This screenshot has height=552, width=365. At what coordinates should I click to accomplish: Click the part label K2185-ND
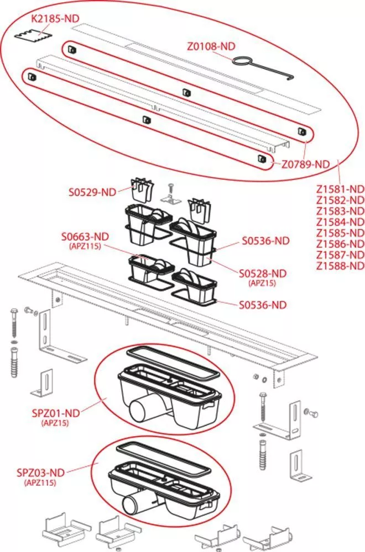[55, 18]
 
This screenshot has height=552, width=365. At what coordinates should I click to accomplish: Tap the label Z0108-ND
[211, 46]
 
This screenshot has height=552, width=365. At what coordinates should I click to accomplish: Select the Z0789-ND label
[305, 164]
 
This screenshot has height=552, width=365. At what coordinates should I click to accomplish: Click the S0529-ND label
[92, 192]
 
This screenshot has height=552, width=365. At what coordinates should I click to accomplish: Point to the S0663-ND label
[85, 237]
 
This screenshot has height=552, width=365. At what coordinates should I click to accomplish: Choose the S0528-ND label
[263, 273]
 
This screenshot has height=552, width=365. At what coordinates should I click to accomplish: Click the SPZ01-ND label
[56, 413]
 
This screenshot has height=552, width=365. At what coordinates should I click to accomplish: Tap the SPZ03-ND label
[40, 473]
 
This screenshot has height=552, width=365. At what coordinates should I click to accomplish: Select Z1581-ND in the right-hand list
[340, 189]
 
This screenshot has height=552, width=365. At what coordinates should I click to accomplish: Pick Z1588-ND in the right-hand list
[340, 266]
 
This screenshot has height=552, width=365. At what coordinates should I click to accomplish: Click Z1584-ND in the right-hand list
[340, 222]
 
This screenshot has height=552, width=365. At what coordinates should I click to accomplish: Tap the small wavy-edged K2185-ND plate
[34, 36]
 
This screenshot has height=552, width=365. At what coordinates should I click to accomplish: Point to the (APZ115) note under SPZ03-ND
[40, 482]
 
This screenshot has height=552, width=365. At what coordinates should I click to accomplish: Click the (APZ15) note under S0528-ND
[262, 283]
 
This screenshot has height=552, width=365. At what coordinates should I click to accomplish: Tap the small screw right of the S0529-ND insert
[171, 187]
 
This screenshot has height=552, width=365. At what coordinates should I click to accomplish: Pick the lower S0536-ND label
[263, 305]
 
